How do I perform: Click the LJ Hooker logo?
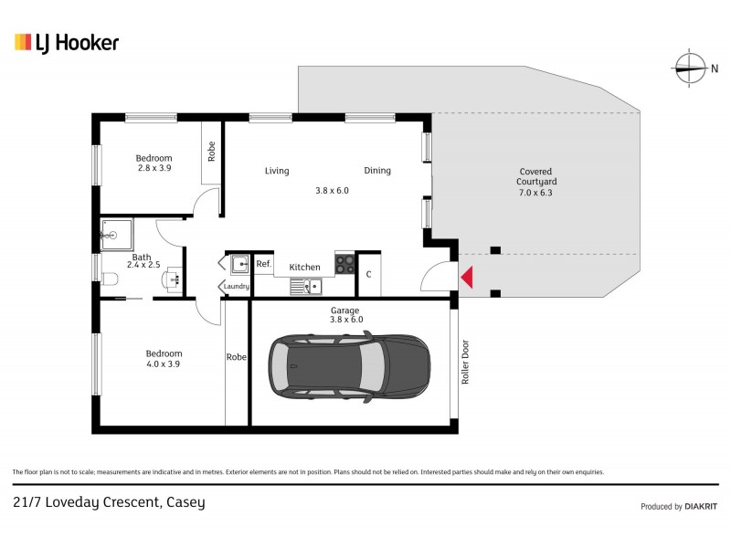(x=66, y=42)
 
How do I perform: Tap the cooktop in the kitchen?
(x=345, y=264)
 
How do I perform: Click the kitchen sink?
(x=305, y=287)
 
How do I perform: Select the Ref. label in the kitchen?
(x=263, y=265)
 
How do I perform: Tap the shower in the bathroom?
(x=116, y=235)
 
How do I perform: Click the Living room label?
(x=277, y=171)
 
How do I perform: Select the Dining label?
(x=377, y=171)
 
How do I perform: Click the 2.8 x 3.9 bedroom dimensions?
(x=154, y=168)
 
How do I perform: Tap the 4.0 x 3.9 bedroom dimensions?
(x=164, y=364)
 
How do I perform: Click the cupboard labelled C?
(x=368, y=274)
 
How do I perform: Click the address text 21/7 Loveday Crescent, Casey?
(x=109, y=501)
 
